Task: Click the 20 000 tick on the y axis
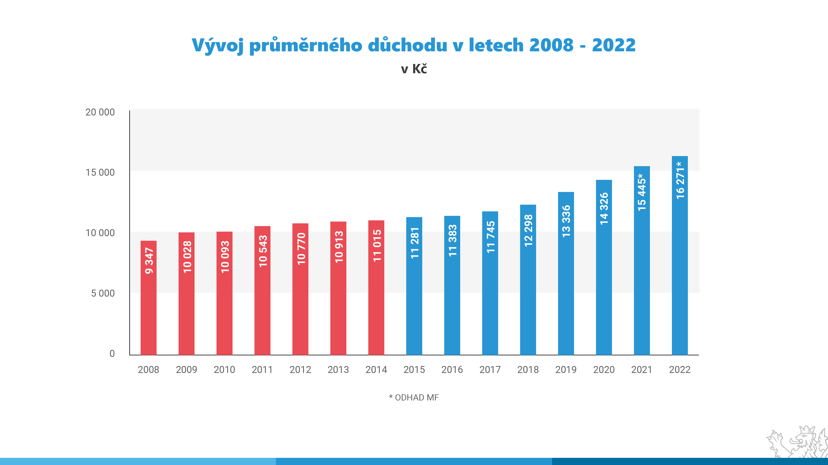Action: tap(100, 112)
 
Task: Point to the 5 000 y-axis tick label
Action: tap(103, 293)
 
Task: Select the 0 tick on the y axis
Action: tap(112, 354)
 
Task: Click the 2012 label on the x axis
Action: tap(300, 370)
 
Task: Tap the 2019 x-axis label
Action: tap(566, 370)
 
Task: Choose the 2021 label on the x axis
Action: tap(641, 370)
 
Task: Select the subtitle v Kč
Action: tap(414, 69)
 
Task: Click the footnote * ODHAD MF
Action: tap(414, 398)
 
